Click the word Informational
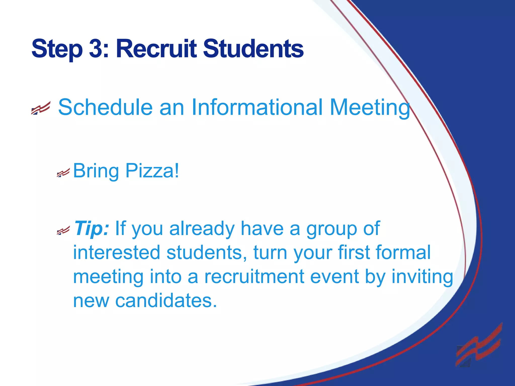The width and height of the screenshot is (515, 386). click(257, 107)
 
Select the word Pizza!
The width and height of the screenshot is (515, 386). click(152, 171)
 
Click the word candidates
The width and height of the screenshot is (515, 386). click(166, 301)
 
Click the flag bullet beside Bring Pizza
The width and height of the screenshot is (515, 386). click(63, 173)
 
